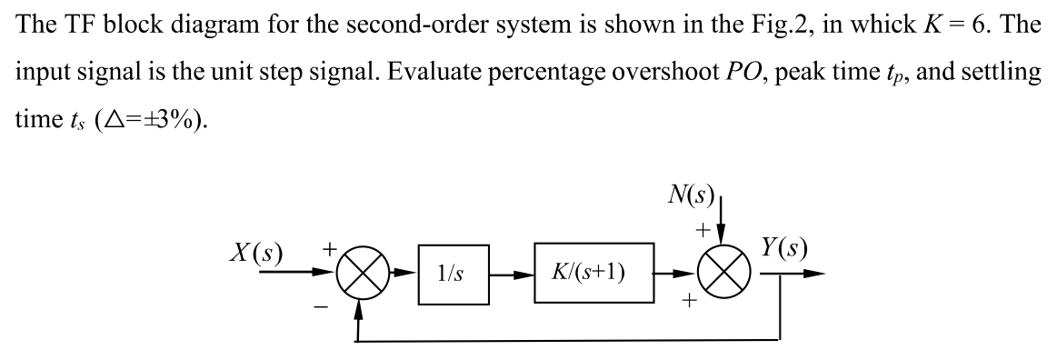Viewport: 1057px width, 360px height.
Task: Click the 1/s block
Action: click(445, 272)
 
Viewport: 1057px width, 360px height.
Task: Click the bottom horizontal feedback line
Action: click(563, 341)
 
